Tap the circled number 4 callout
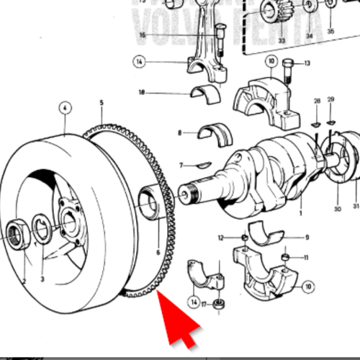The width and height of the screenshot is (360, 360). [66, 109]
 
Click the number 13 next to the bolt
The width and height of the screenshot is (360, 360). [307, 63]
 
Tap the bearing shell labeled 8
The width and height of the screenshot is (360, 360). [213, 132]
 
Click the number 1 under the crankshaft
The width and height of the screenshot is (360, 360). [300, 214]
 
